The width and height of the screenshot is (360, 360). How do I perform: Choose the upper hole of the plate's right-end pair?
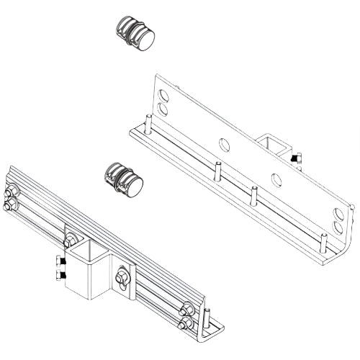coord(338,213)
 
